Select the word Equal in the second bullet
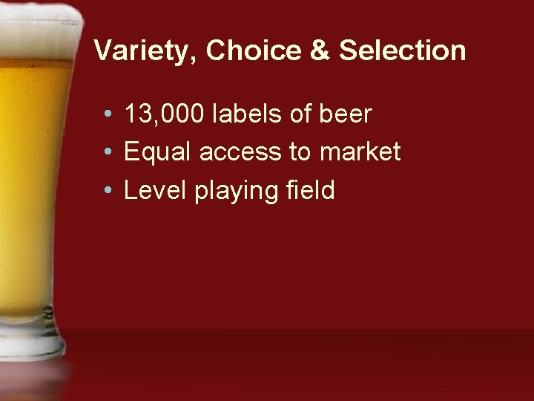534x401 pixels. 154,153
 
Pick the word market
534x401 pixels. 360,153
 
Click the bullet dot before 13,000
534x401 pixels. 108,116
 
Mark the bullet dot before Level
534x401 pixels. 108,192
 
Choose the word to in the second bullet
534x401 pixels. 303,153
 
